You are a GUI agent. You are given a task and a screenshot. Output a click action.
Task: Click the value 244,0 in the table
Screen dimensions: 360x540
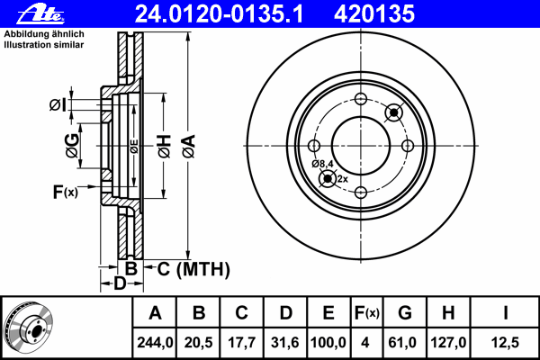[155, 343]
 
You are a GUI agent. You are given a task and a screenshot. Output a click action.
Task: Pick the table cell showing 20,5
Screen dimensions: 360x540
[199, 343]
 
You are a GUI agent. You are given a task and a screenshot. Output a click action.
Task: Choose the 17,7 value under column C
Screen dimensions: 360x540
[242, 343]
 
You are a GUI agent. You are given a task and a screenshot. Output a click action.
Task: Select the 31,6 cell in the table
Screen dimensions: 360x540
[285, 343]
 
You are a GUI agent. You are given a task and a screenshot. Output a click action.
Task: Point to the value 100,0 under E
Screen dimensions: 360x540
[328, 343]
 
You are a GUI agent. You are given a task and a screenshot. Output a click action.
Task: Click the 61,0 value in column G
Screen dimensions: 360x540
[404, 343]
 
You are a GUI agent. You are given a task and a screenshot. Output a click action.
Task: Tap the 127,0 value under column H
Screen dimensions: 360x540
[447, 343]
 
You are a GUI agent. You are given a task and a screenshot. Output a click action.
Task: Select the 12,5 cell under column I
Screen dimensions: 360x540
[507, 343]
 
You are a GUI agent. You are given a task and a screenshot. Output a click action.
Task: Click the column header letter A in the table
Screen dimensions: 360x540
[155, 313]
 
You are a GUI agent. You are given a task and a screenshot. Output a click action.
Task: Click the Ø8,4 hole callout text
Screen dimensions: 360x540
[323, 163]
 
